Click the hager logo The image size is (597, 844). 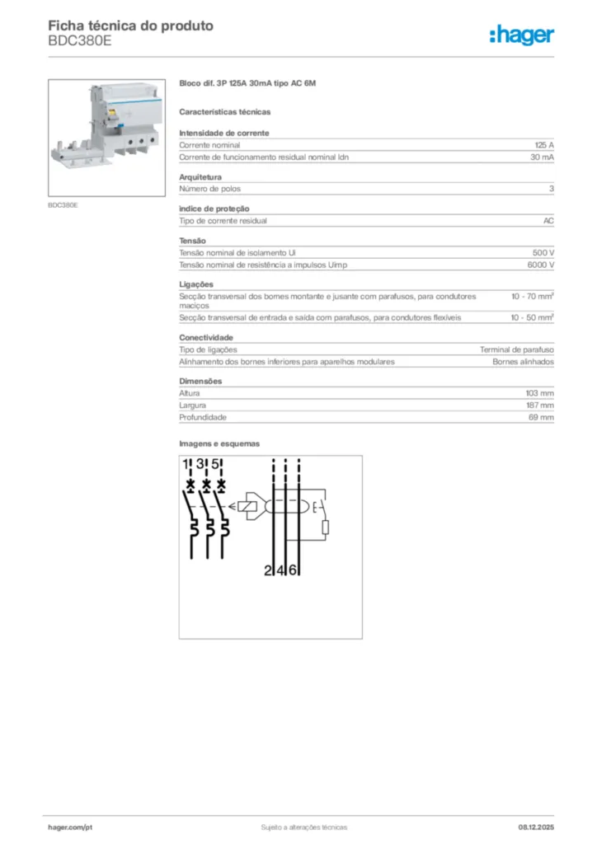pyautogui.click(x=521, y=34)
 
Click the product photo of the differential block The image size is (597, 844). pyautogui.click(x=107, y=138)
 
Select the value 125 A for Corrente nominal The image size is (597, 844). pyautogui.click(x=543, y=144)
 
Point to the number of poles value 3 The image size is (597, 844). pyautogui.click(x=551, y=189)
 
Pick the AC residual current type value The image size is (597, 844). pyautogui.click(x=548, y=221)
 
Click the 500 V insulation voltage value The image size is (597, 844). pyautogui.click(x=543, y=253)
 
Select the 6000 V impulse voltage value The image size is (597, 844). pyautogui.click(x=540, y=265)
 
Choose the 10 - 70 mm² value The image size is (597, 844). pyautogui.click(x=532, y=296)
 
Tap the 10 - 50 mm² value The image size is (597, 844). pyautogui.click(x=532, y=316)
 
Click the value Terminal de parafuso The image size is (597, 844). pyautogui.click(x=517, y=349)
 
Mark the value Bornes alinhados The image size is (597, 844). pyautogui.click(x=523, y=361)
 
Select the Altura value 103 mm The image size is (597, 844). pyautogui.click(x=540, y=393)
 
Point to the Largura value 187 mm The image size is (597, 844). pyautogui.click(x=540, y=406)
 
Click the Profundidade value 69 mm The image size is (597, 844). pyautogui.click(x=542, y=418)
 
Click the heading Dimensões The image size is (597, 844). pyautogui.click(x=200, y=381)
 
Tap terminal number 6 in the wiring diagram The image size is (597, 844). pyautogui.click(x=294, y=570)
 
